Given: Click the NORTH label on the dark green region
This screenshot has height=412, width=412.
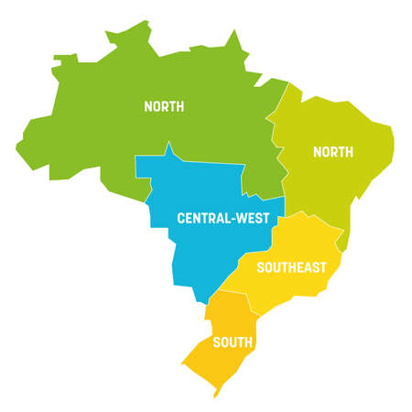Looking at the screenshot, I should click(x=164, y=106).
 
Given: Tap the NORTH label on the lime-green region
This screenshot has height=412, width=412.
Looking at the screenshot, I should click(x=333, y=152).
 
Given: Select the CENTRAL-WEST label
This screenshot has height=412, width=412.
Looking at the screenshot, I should click(x=223, y=218).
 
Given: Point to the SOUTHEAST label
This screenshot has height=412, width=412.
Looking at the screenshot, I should click(x=291, y=267).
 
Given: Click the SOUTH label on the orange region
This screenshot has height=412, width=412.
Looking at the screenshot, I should click(x=233, y=342).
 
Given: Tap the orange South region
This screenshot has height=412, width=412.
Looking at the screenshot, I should click(x=224, y=362).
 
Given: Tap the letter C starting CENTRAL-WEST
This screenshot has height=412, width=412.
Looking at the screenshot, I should click(x=180, y=218).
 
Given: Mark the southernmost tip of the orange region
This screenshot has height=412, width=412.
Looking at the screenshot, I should click(x=217, y=396).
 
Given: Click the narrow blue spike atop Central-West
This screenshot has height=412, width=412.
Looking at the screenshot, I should click(x=168, y=149).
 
